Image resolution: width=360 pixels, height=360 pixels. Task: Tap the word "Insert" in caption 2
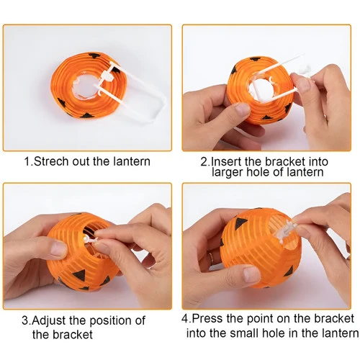[x=225, y=161]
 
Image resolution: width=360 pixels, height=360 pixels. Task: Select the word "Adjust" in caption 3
[x=49, y=321]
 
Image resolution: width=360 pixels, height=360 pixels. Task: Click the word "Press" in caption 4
[x=207, y=318]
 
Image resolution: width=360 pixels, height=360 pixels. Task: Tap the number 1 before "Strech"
[x=27, y=161]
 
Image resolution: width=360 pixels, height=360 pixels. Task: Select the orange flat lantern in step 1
[x=89, y=85]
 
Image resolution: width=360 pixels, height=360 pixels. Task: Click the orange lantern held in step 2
[x=261, y=91]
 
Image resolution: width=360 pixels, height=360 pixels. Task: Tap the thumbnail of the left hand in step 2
[x=243, y=109]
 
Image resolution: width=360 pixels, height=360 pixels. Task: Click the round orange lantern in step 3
[x=83, y=252]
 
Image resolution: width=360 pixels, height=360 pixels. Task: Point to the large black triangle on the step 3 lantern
[x=80, y=275]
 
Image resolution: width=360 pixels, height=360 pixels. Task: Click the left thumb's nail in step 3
[x=58, y=248]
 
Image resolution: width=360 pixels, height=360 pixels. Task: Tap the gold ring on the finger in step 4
[x=211, y=258]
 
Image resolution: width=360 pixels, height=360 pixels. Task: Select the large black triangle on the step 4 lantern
[x=241, y=222]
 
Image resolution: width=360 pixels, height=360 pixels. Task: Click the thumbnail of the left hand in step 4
[x=251, y=274]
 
